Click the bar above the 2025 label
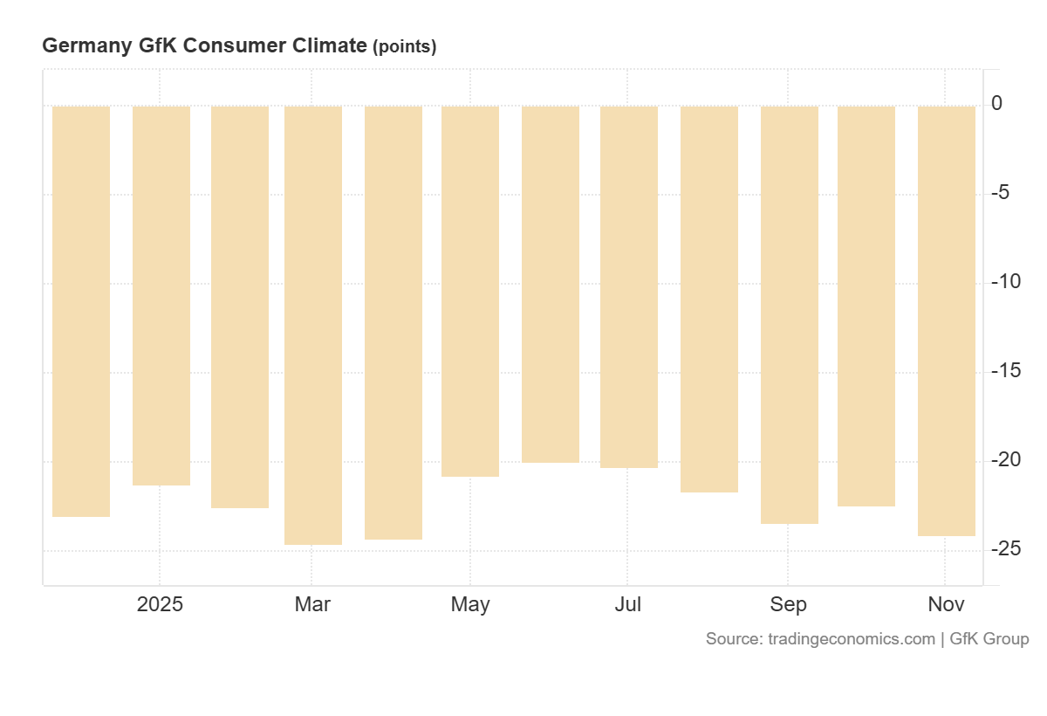click(x=161, y=295)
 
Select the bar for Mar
click(x=313, y=325)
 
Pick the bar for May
click(x=470, y=291)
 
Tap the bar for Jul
click(x=629, y=286)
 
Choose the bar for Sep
click(x=790, y=314)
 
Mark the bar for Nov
click(x=947, y=320)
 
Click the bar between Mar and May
click(x=393, y=322)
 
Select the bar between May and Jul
click(x=551, y=284)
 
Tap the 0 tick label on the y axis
click(x=996, y=104)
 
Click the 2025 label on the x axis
click(x=161, y=604)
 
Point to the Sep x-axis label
click(x=788, y=604)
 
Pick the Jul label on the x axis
click(x=627, y=604)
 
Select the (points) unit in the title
click(x=405, y=47)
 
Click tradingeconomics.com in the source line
click(x=852, y=639)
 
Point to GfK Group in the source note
click(x=989, y=639)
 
